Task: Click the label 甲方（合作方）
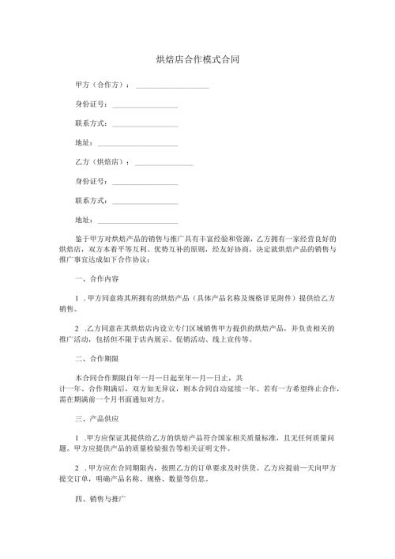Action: click(x=102, y=84)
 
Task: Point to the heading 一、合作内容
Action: click(x=96, y=279)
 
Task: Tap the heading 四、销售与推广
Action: click(x=99, y=501)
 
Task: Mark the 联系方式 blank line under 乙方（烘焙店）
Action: click(x=145, y=202)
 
